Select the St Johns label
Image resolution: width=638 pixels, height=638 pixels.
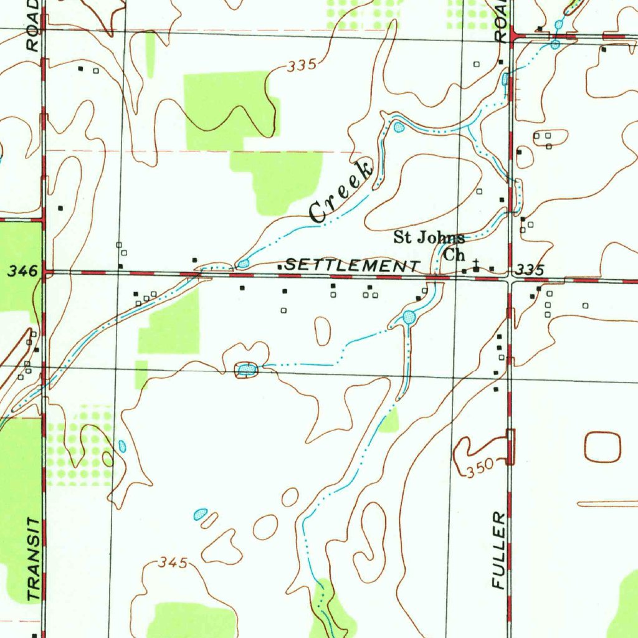point(429,237)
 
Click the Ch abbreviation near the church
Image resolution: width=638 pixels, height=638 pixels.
point(454,255)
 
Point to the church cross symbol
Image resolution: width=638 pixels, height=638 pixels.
point(477,265)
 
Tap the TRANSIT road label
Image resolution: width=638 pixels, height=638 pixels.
point(34,558)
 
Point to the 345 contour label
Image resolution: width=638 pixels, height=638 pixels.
point(173,563)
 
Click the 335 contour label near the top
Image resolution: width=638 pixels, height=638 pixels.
point(303,65)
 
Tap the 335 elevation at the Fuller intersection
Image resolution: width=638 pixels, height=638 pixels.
point(531,270)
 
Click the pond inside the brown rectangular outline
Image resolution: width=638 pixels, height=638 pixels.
point(247,371)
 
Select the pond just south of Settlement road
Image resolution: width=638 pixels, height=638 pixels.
point(409,318)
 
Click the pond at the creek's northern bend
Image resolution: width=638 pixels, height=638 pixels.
point(399,128)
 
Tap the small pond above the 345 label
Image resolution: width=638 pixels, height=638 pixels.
point(200,514)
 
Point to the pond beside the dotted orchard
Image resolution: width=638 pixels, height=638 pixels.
point(121,446)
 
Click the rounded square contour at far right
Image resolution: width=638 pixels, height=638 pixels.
point(602,447)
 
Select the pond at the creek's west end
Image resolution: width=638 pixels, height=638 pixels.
point(243,264)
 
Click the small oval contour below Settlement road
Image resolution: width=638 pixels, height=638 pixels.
point(322,331)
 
